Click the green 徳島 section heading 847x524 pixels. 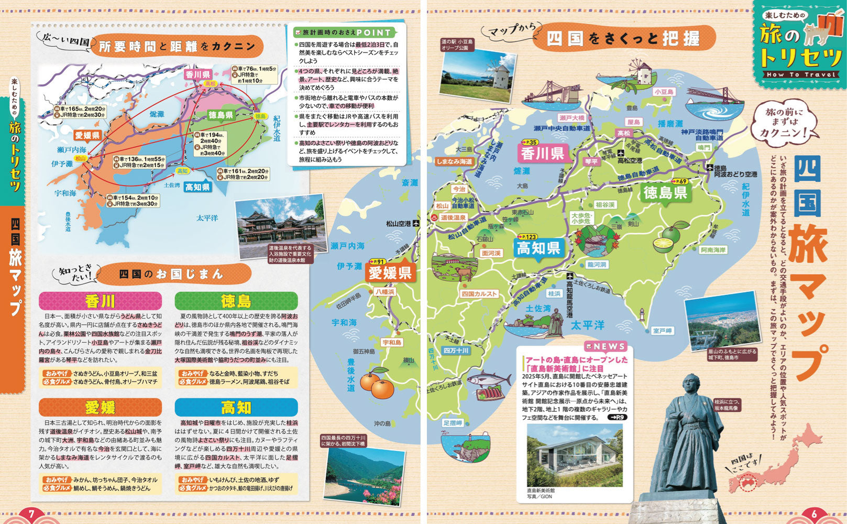pyautogui.click(x=236, y=301)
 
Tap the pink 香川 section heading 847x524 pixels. pyautogui.click(x=100, y=301)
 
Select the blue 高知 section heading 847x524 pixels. pyautogui.click(x=236, y=407)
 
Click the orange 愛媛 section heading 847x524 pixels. pyautogui.click(x=100, y=407)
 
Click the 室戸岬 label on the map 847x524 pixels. pyautogui.click(x=662, y=331)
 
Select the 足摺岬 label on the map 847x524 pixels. pyautogui.click(x=453, y=423)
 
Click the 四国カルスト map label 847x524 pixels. pyautogui.click(x=479, y=294)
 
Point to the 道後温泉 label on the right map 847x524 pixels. pyautogui.click(x=453, y=217)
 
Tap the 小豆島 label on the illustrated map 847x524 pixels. pyautogui.click(x=664, y=92)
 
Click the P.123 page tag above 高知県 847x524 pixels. pyautogui.click(x=527, y=237)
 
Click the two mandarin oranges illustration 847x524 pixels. pyautogui.click(x=378, y=386)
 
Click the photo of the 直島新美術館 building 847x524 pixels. pyautogui.click(x=575, y=455)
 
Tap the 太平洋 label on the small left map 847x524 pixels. pyautogui.click(x=207, y=218)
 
